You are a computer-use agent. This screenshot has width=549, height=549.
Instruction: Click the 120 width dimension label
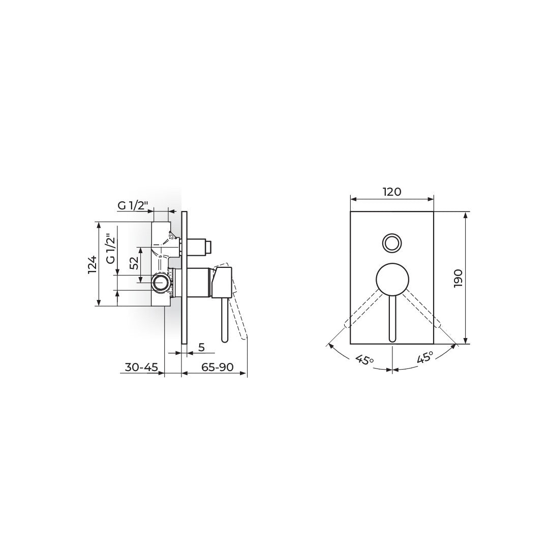392,192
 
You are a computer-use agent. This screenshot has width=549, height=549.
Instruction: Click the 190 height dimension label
458,279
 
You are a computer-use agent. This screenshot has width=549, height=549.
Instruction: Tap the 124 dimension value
92,264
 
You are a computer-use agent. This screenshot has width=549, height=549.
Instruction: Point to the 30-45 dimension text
141,367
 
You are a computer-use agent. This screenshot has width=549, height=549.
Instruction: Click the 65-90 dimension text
218,367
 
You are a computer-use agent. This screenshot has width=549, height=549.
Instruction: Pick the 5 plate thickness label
201,347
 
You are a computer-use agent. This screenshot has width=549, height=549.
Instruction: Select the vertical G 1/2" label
111,249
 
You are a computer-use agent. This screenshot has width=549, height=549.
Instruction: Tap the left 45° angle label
364,359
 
